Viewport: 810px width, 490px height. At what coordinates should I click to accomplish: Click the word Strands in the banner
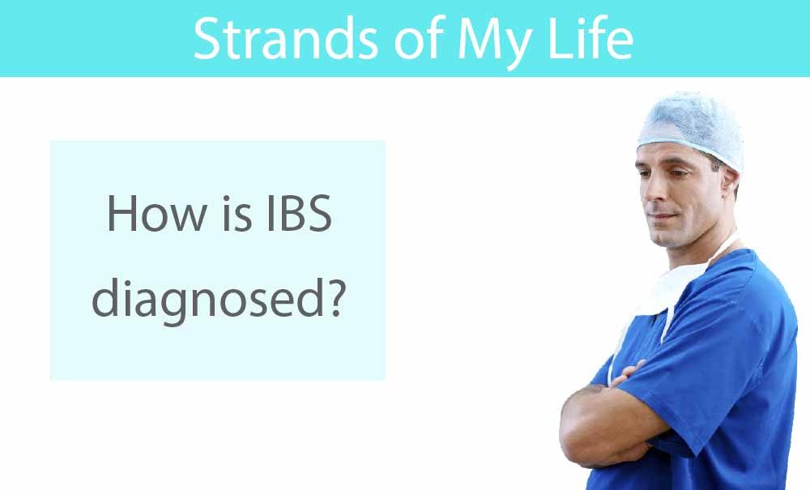click(286, 39)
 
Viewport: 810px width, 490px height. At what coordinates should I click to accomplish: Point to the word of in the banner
click(420, 38)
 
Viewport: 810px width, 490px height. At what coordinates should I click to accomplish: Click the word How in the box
click(156, 213)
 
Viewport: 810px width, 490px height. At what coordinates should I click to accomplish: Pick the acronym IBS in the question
click(299, 213)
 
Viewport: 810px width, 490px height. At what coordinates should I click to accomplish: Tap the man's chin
click(664, 239)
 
